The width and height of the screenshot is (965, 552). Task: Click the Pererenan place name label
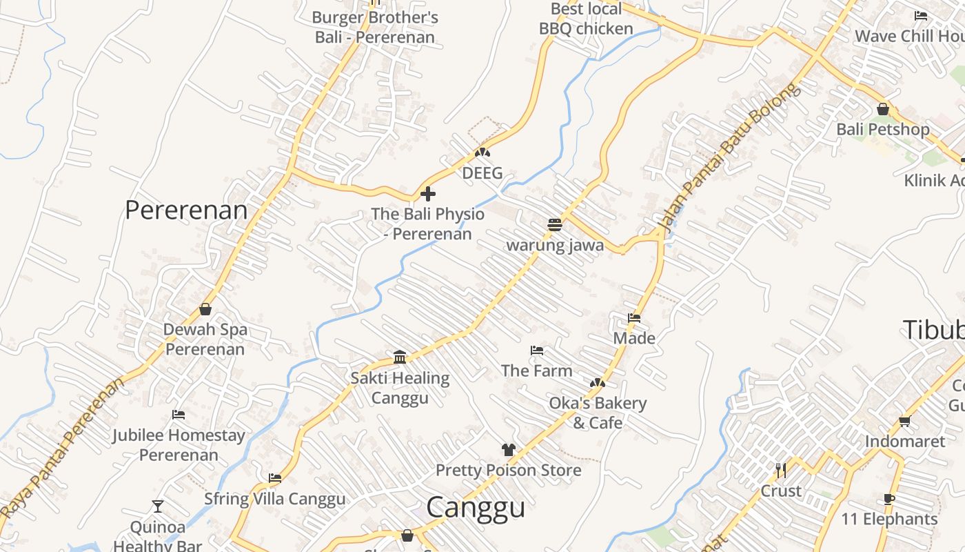point(186,210)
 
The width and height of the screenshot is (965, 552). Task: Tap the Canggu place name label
point(476,507)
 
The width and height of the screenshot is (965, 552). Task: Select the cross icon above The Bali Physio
point(428,194)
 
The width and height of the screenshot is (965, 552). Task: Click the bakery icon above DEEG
point(482,152)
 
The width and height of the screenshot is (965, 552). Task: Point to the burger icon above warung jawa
point(555,224)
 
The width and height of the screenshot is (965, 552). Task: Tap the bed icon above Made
point(634,318)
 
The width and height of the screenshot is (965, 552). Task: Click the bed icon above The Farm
point(537,351)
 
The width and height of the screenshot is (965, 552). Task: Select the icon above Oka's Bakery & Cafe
point(597,383)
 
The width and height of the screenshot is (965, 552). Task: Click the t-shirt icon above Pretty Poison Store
point(509,450)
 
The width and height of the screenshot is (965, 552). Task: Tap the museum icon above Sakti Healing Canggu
point(400,357)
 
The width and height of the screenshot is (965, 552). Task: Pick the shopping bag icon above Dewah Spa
point(205,309)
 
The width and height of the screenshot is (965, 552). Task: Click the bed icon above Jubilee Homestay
point(179,415)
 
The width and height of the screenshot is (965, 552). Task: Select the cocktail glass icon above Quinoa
point(158,506)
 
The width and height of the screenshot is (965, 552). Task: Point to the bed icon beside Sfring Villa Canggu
point(275,477)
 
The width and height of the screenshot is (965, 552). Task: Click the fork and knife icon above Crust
point(781,471)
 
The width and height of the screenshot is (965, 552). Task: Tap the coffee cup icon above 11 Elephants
point(889,499)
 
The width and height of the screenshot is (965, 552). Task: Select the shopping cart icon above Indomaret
point(904,421)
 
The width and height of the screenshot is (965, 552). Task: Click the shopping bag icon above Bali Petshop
point(882,109)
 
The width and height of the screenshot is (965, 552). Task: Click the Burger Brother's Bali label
point(375,27)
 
